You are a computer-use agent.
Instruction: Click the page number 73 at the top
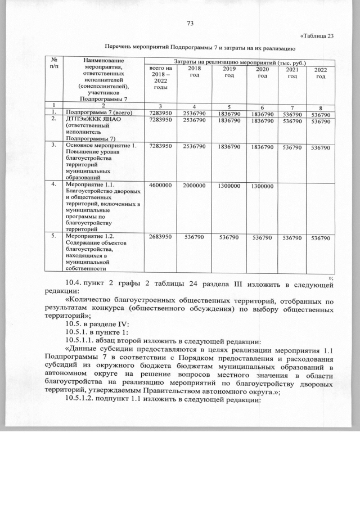[189, 23]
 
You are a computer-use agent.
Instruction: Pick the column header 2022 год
[320, 73]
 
